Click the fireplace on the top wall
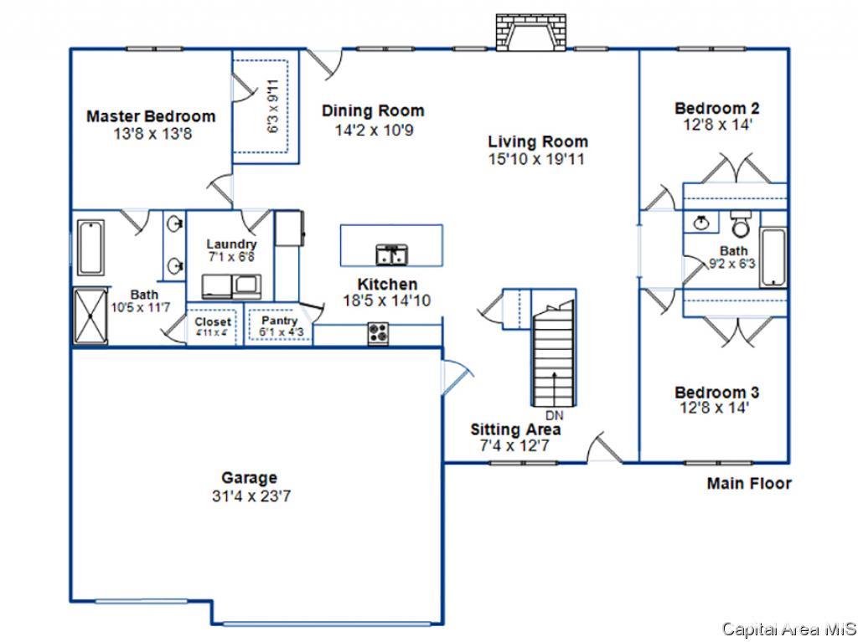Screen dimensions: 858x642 (530, 33)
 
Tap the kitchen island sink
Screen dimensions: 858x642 (392, 254)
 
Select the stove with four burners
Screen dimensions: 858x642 (378, 334)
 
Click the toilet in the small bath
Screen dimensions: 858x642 (741, 224)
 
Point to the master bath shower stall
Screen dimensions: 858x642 (90, 316)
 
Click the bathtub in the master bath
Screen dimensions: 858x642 (90, 248)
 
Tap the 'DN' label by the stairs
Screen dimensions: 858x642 (555, 416)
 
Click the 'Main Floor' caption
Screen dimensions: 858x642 (749, 484)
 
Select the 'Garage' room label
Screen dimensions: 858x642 (249, 478)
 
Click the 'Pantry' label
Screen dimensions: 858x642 (280, 321)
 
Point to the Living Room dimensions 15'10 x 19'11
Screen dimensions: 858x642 (536, 159)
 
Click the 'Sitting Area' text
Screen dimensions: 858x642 (515, 429)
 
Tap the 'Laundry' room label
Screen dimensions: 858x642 (231, 244)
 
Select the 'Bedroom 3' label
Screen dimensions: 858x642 (717, 392)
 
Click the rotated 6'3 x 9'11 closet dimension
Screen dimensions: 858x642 (272, 106)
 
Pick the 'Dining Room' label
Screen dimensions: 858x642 (373, 110)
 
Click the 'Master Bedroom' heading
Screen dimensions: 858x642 (151, 116)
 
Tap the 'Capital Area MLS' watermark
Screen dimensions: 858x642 (789, 629)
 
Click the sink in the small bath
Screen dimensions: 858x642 (701, 223)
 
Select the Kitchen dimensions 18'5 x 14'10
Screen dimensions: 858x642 (387, 300)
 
